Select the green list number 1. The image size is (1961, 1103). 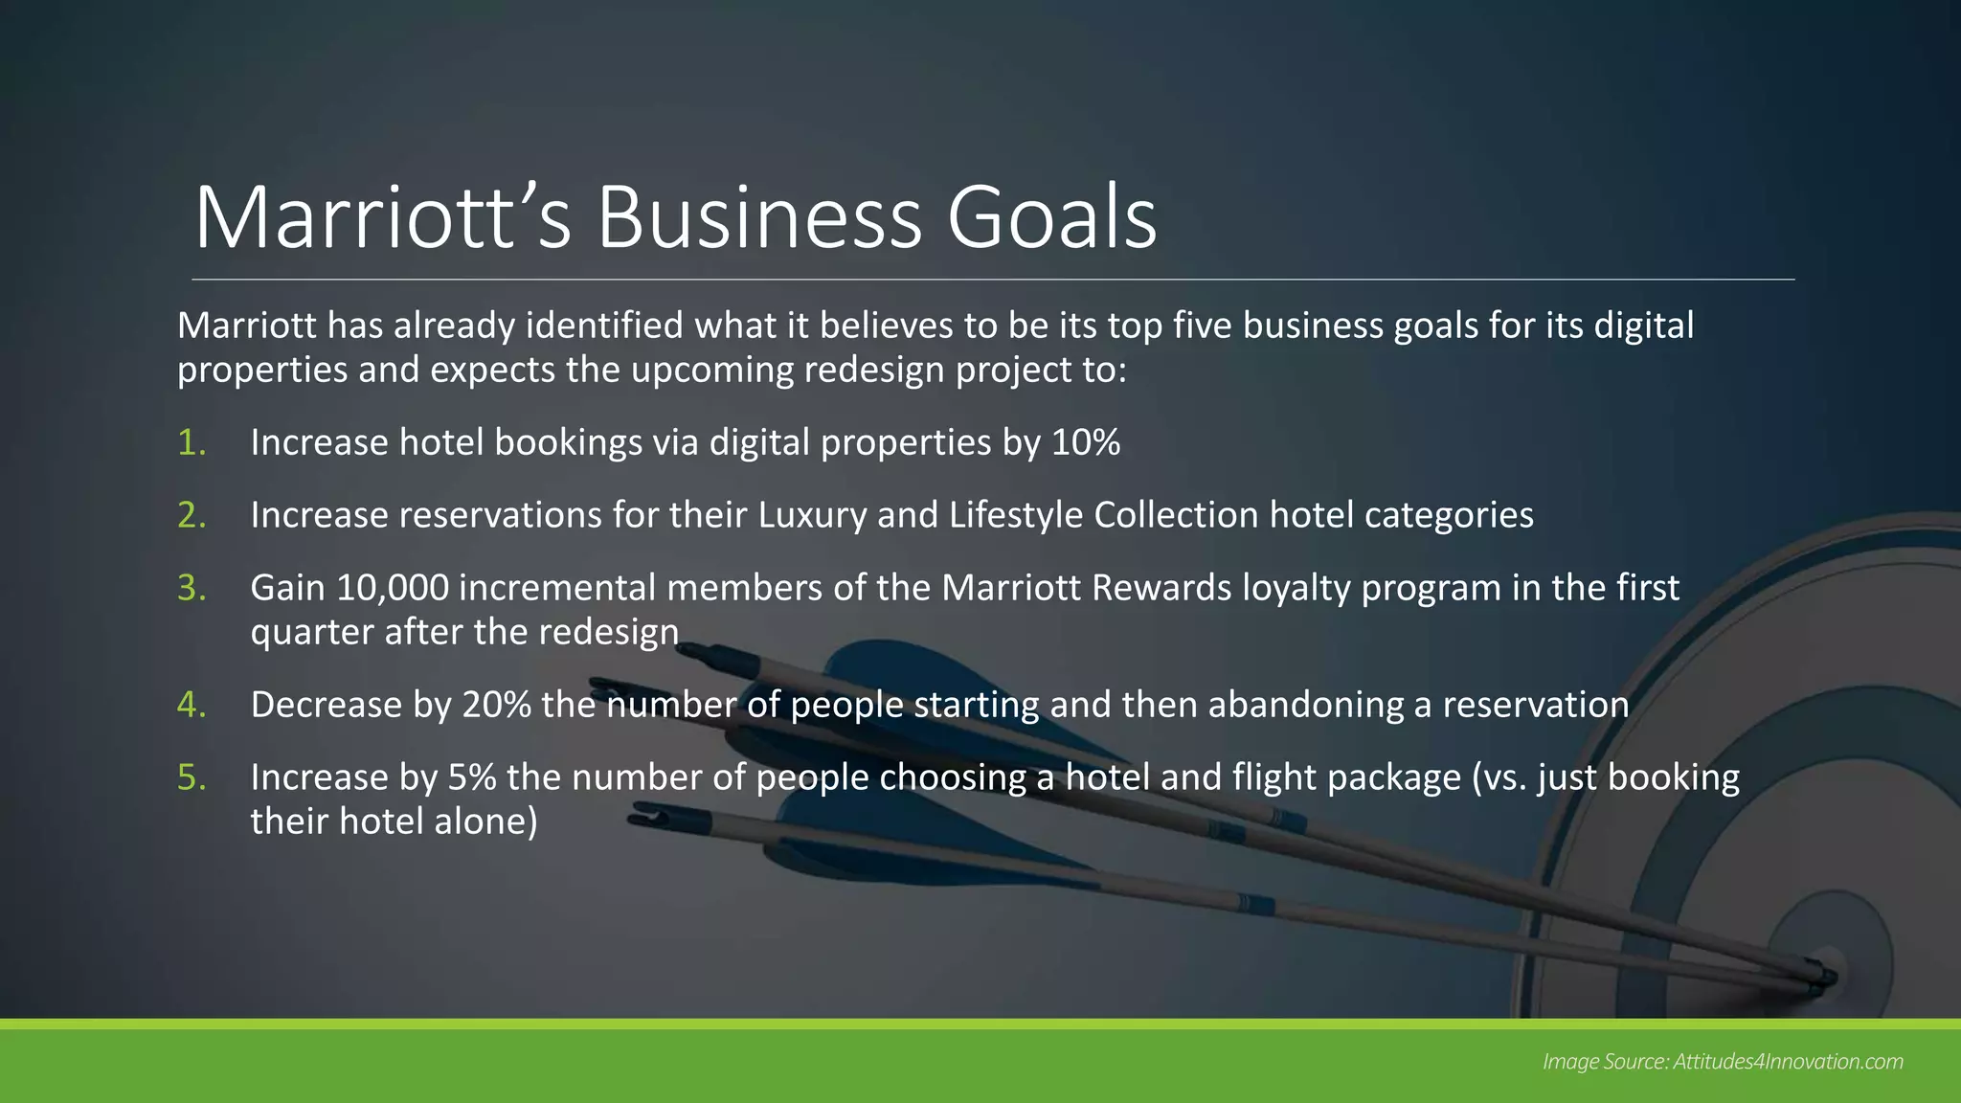191,442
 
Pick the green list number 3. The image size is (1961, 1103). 192,588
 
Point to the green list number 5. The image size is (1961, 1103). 192,777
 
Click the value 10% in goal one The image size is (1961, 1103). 1086,442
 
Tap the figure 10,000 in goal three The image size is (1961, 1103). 393,588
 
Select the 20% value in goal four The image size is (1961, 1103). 496,705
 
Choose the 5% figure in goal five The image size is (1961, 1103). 472,777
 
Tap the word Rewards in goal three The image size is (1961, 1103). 1161,588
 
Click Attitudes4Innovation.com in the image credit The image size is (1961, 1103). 1788,1062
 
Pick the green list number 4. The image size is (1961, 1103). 191,705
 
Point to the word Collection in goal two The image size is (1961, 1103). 1176,515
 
